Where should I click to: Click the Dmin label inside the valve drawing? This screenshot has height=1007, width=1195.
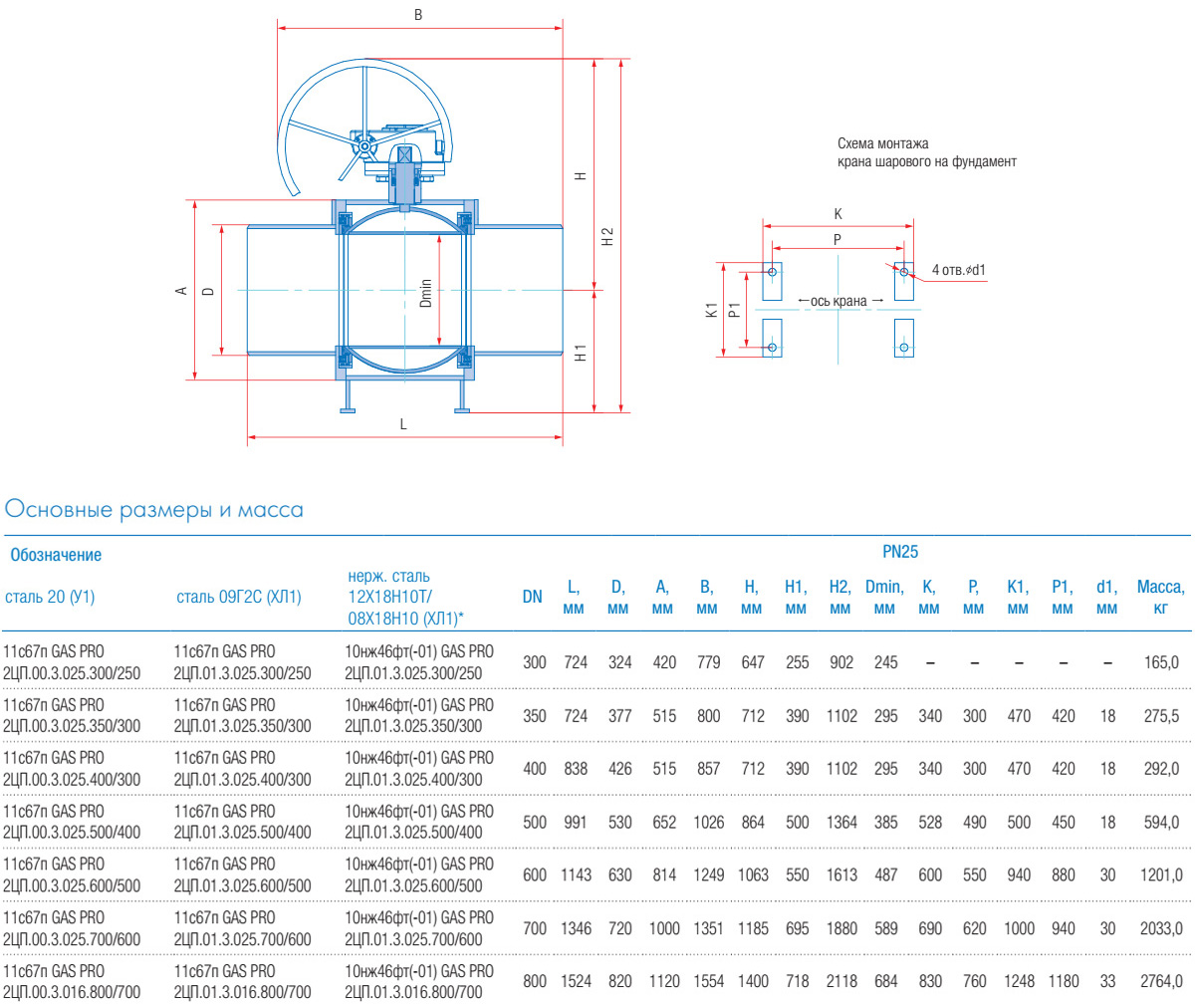click(x=426, y=293)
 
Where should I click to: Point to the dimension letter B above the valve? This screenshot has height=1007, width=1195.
click(x=418, y=15)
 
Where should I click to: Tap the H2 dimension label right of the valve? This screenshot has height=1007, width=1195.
click(x=607, y=237)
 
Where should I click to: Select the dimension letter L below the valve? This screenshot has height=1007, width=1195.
click(x=403, y=424)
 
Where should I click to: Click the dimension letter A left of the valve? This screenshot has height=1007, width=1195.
click(x=181, y=291)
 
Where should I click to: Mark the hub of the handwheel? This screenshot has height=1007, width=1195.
click(x=364, y=147)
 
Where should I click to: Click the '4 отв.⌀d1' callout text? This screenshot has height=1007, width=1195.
click(x=958, y=270)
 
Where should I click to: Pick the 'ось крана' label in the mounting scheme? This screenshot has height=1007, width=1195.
click(x=838, y=301)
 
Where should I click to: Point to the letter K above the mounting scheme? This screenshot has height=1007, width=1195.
click(x=837, y=214)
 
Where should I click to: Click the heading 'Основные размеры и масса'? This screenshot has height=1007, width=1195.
click(x=154, y=510)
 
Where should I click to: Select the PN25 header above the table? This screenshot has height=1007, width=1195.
click(x=900, y=551)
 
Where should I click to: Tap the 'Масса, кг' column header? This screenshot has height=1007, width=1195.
click(x=1160, y=597)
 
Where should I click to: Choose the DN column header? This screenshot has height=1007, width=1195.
click(x=533, y=597)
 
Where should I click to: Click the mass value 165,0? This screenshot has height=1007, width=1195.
click(x=1160, y=662)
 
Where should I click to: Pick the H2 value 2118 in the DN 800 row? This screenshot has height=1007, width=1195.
click(x=841, y=981)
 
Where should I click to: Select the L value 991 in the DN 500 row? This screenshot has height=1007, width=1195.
click(x=576, y=823)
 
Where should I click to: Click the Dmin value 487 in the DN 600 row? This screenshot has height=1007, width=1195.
click(x=885, y=876)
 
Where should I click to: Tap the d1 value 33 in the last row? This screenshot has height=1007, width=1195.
click(x=1107, y=981)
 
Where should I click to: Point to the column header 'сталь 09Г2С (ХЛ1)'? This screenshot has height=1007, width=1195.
click(x=238, y=597)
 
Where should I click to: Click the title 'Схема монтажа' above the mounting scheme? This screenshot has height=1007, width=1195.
click(x=882, y=143)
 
